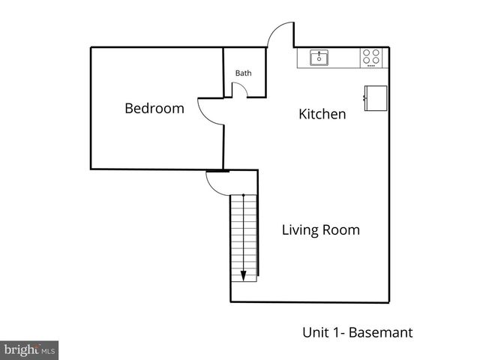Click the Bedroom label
tap(154, 108)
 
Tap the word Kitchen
tap(322, 114)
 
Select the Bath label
tap(244, 73)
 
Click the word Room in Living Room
tap(343, 229)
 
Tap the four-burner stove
tap(371, 57)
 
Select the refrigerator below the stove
tap(375, 97)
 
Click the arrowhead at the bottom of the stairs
tap(244, 275)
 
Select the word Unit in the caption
tap(314, 331)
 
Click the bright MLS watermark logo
tap(29, 350)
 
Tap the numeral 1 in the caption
tap(332, 331)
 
